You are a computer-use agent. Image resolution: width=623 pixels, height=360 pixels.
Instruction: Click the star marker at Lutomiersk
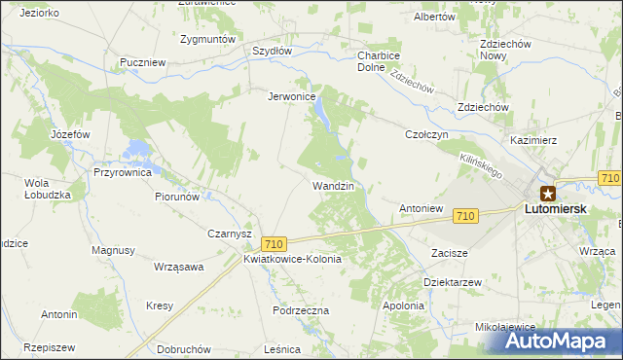[548, 193]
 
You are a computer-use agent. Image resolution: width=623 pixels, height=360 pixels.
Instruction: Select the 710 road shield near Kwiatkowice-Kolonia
[274, 244]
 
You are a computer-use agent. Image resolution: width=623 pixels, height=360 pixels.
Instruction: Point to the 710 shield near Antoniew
[464, 216]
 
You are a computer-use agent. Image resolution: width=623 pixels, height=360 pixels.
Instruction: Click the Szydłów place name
[273, 51]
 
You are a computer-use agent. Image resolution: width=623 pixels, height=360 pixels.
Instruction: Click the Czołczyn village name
[425, 135]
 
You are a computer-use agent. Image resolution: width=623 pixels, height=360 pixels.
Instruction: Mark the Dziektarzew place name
[453, 281]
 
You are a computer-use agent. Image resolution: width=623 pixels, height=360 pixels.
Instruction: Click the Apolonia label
[403, 306]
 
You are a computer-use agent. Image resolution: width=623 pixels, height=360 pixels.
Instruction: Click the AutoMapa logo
[564, 342]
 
